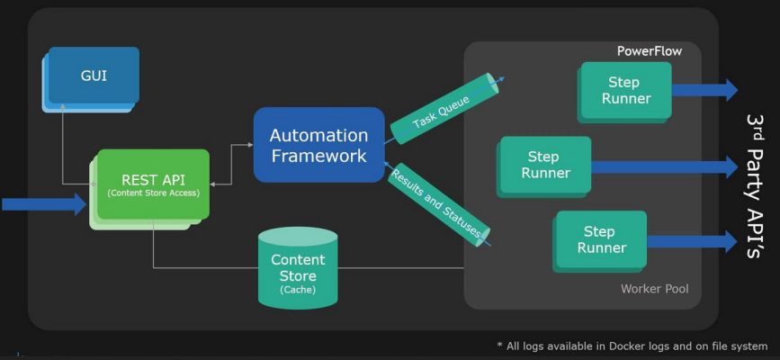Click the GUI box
coord(94,76)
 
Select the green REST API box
coord(153,184)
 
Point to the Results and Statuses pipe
coord(438,203)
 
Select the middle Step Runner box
coord(545,166)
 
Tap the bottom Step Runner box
coord(601,239)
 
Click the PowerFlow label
coord(649,51)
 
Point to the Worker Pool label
coord(654,289)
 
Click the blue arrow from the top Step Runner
coord(704,90)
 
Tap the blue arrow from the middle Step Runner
coord(664,166)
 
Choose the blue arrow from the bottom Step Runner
coord(692,241)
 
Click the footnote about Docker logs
coord(632,346)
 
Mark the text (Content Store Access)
coord(152,193)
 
